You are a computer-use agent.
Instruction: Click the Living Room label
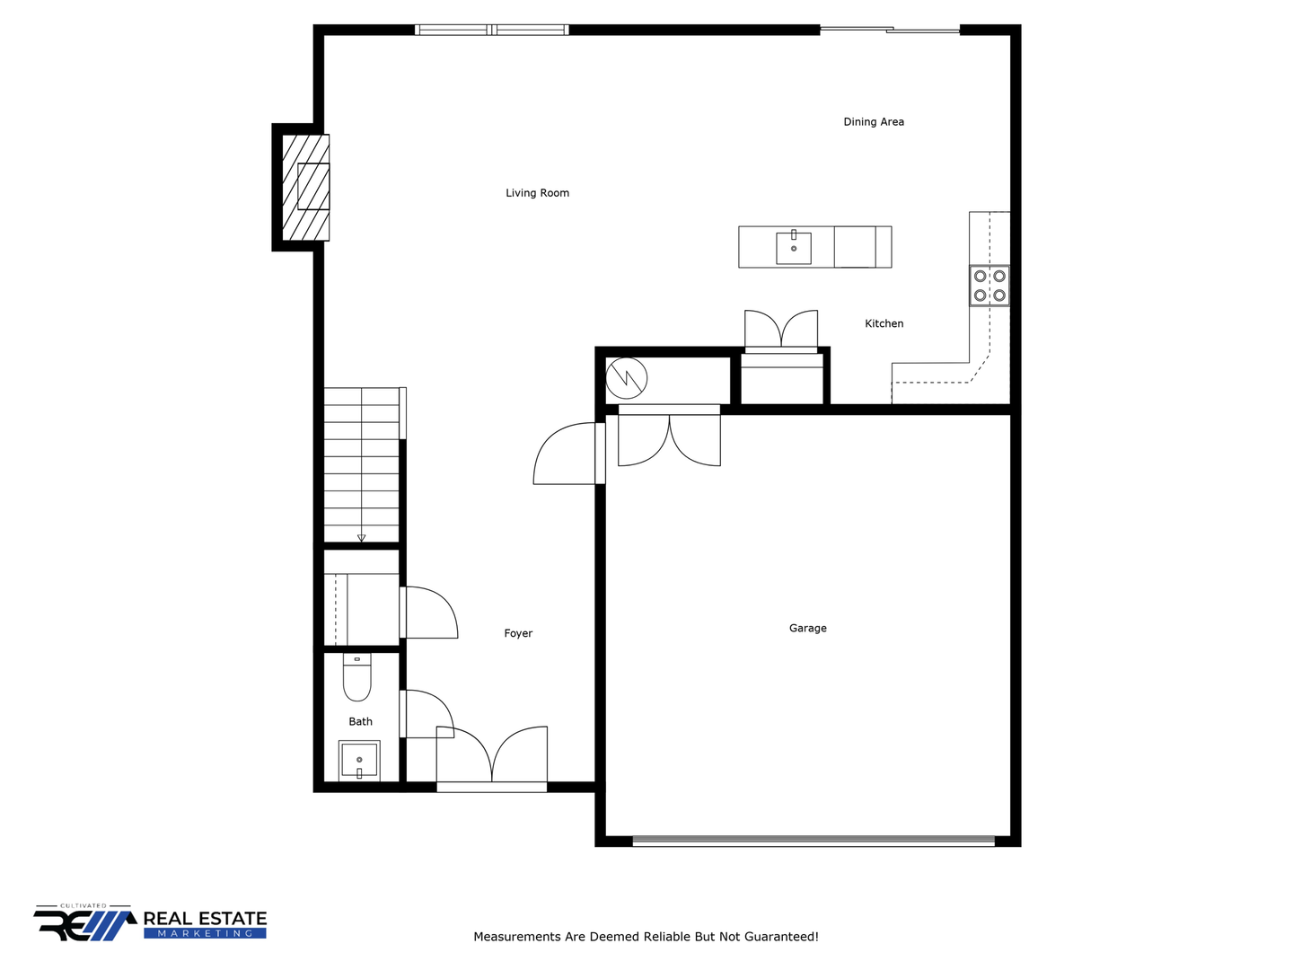537,192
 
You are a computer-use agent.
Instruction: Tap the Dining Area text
873,122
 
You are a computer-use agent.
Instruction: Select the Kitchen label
884,323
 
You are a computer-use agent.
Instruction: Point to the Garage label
807,628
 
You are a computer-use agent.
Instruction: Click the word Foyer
518,633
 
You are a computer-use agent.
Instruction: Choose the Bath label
360,721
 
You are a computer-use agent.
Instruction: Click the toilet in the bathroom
357,677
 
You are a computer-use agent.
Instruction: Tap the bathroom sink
359,761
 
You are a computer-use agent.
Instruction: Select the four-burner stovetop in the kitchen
989,286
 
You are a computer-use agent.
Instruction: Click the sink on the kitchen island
793,248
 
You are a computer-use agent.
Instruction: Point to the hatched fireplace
305,188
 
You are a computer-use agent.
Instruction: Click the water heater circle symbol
626,378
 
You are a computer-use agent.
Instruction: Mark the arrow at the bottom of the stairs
361,538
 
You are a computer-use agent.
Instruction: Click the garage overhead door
814,841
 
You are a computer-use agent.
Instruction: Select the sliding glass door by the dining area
890,30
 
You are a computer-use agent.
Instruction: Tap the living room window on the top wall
491,30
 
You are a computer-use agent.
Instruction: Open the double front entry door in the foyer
491,760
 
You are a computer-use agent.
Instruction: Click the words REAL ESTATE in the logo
205,918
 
